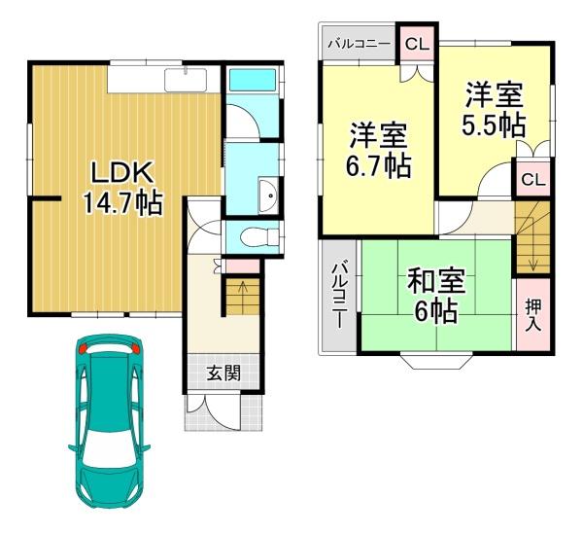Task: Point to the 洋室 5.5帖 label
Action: point(495,110)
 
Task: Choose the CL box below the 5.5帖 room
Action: point(532,180)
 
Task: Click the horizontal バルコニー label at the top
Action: point(359,44)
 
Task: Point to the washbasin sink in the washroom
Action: point(269,195)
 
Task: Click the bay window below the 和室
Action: point(435,362)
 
